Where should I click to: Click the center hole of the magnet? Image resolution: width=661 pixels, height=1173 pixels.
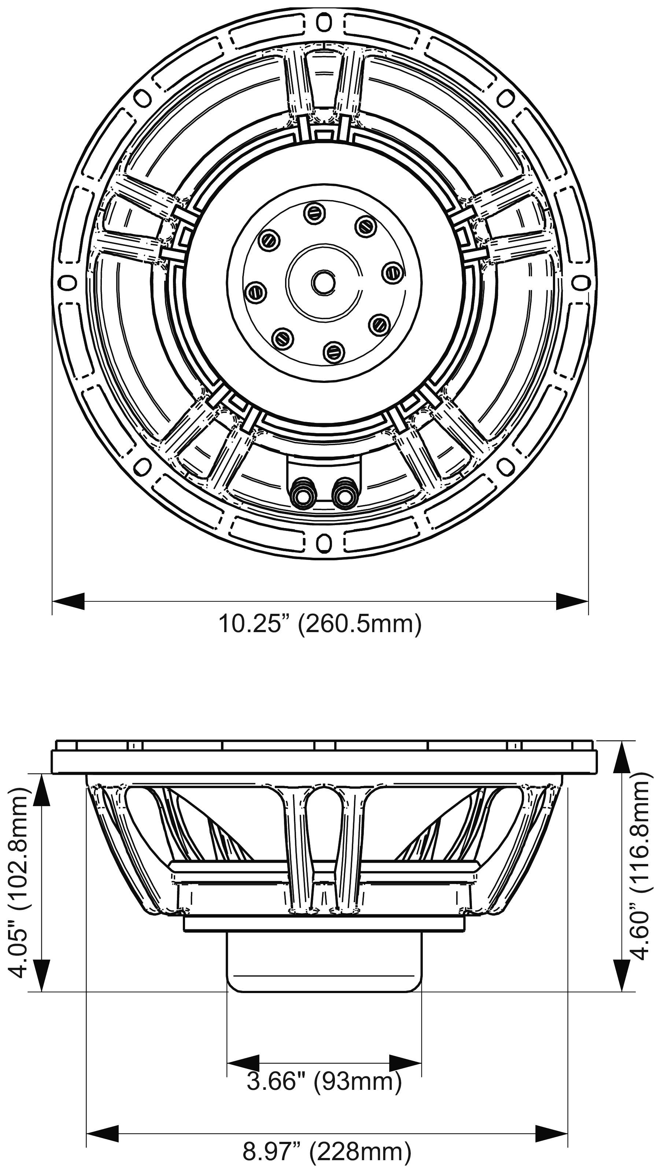tap(323, 282)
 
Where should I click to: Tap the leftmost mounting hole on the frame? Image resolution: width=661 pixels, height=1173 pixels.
tap(67, 282)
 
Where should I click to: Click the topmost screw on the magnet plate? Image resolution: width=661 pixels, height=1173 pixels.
tap(314, 211)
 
